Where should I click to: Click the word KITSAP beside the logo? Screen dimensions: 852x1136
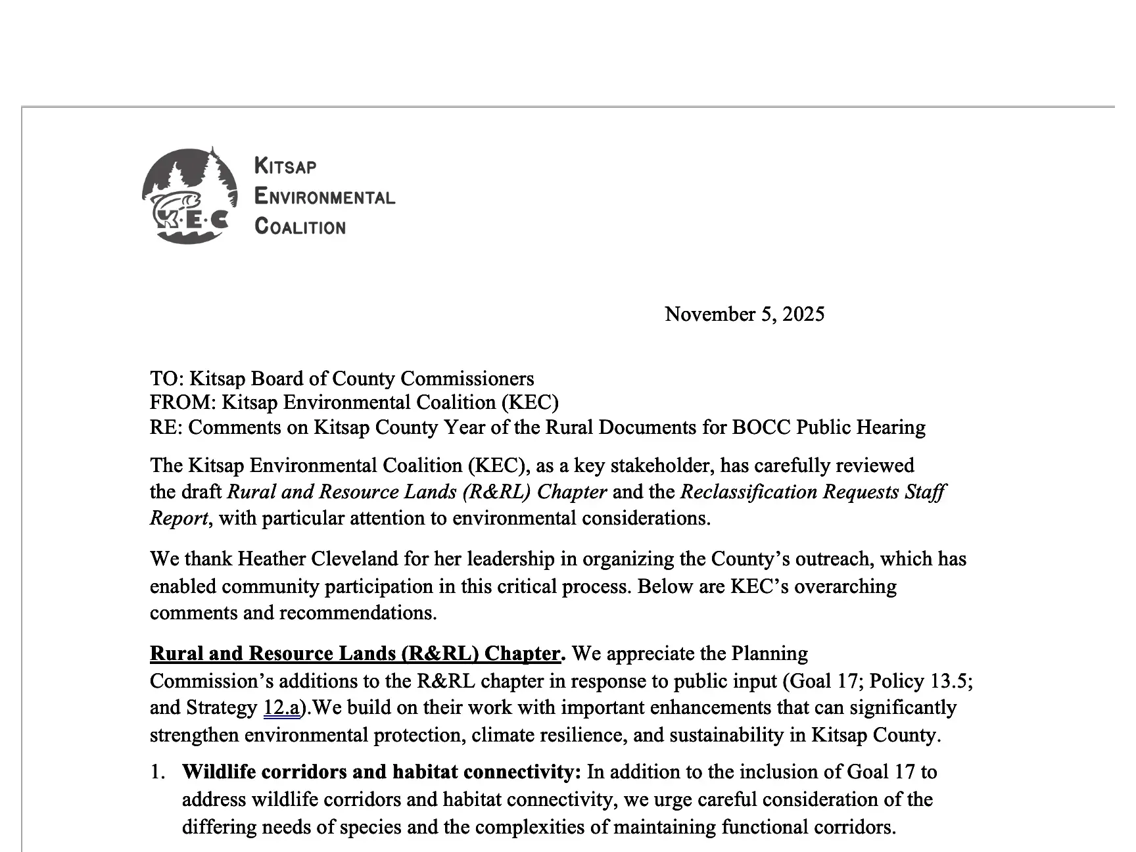285,166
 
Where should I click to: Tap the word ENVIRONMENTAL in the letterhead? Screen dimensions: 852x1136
324,197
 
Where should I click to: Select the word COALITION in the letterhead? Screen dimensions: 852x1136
300,227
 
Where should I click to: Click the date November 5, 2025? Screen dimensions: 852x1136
744,314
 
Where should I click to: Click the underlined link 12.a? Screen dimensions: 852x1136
281,707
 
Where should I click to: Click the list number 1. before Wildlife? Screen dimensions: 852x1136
157,772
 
